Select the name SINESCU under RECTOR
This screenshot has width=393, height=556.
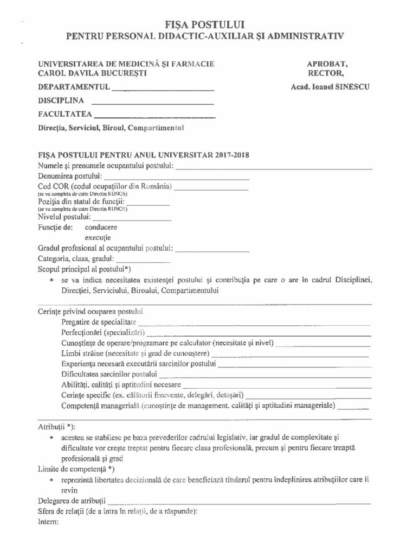coord(351,86)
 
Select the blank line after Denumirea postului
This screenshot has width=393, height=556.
coord(177,178)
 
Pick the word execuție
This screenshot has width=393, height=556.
coord(98,238)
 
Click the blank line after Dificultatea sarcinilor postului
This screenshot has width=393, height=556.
coord(265,376)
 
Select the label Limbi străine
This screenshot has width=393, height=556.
coord(81,353)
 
